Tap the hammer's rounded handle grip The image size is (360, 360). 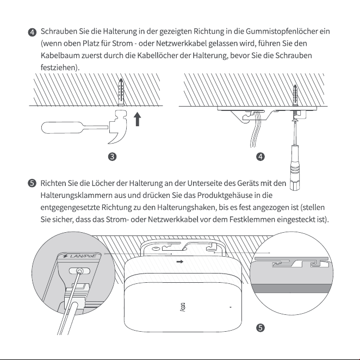coord(61,127)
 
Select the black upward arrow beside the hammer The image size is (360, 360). coord(137,119)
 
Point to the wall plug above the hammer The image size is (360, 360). coord(121,92)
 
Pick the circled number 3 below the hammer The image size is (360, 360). coord(112,157)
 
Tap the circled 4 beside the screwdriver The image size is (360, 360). coord(260,157)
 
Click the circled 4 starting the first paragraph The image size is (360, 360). coord(32,32)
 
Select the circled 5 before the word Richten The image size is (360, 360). coord(32,183)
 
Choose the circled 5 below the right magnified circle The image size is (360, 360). coord(260,327)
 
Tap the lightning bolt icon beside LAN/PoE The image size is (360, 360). coord(65,256)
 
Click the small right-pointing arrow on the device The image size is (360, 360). coord(180,262)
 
